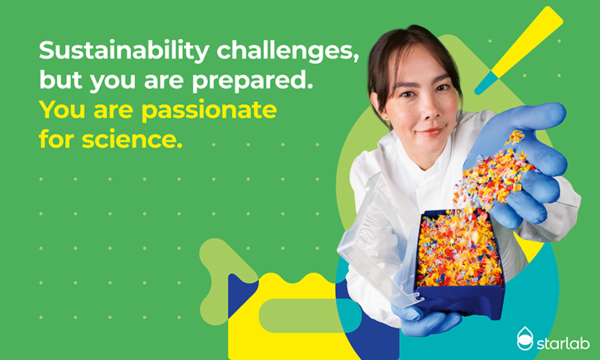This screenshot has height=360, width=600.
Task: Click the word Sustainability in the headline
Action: coord(124,51)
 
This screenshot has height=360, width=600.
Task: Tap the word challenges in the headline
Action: coord(288,51)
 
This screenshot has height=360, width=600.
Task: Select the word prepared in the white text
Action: coord(252,81)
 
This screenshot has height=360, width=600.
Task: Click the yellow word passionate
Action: coord(209,110)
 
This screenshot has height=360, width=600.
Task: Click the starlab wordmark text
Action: coord(563,343)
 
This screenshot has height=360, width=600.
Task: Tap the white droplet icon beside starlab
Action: coord(524,338)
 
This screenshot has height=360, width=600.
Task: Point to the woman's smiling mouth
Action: coord(431,131)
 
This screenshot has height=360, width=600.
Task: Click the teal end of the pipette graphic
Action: coord(485,83)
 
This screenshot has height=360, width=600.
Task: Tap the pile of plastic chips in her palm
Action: coord(493,172)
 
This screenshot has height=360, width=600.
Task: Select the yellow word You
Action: coord(63,110)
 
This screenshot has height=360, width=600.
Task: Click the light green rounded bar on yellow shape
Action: coord(302,316)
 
